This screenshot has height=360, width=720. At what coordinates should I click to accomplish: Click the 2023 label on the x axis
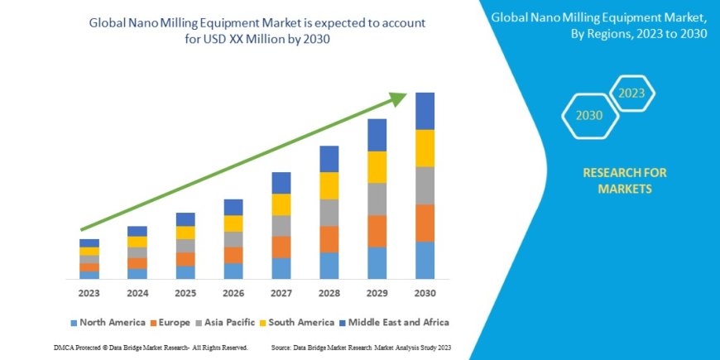(89, 293)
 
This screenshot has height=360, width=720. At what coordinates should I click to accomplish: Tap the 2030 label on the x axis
(425, 293)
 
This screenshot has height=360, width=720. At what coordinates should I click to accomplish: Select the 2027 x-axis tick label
(281, 293)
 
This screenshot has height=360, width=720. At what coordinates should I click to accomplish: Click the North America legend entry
(108, 322)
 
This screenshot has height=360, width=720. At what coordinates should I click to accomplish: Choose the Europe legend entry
(170, 322)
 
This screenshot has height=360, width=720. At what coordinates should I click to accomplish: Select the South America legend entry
(295, 322)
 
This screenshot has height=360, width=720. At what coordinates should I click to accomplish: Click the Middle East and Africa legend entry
(396, 322)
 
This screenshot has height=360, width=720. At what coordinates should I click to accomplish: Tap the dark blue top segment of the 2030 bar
(425, 111)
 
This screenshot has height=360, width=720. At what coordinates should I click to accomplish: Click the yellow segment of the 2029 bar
(377, 167)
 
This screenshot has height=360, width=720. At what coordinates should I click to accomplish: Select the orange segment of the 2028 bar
(329, 239)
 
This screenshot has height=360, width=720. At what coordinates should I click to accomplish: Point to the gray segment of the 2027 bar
(281, 226)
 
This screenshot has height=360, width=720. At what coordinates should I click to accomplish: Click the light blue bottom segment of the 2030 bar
(425, 260)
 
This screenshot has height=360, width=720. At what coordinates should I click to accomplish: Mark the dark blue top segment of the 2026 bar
(233, 207)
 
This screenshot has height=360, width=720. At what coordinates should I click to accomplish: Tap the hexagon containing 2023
(631, 93)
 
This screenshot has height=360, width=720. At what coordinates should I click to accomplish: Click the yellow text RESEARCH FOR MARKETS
(625, 180)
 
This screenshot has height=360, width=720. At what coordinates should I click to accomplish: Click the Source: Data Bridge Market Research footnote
(359, 348)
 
